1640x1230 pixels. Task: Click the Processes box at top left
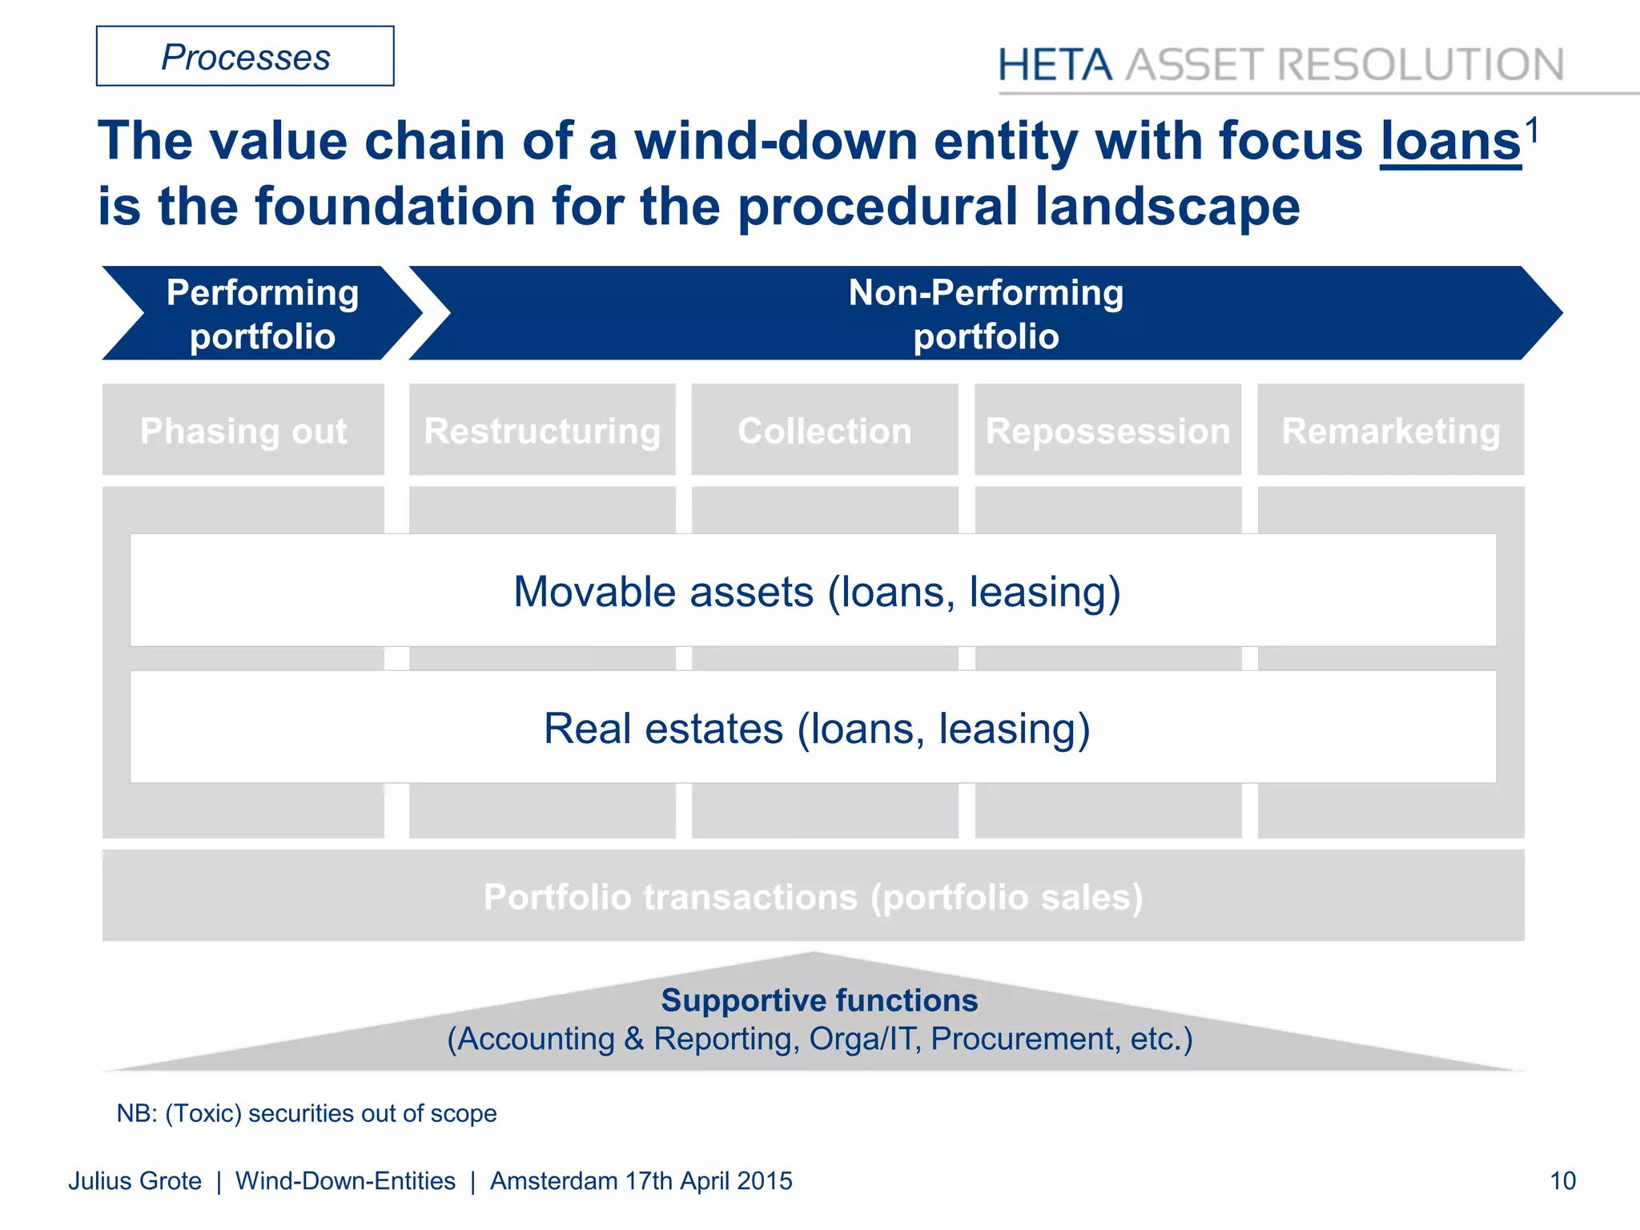[x=245, y=57]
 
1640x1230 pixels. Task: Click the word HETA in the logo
[x=1055, y=65]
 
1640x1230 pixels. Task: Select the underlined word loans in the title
[x=1450, y=143]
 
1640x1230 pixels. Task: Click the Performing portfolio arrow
[x=262, y=314]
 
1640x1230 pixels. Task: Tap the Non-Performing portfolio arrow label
[x=986, y=314]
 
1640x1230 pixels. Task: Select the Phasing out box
[x=243, y=431]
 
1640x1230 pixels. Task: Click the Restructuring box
[x=542, y=431]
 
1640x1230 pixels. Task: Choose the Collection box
[x=825, y=431]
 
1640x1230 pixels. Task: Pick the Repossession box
[x=1107, y=431]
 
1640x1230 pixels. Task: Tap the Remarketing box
[x=1391, y=431]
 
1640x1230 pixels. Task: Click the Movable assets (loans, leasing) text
[x=816, y=592]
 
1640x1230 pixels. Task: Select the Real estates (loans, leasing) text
[x=816, y=729]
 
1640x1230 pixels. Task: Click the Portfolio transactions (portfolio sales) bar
[x=813, y=897]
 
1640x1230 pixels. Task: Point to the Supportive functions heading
[x=819, y=1000]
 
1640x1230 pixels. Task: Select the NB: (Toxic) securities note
[x=307, y=1113]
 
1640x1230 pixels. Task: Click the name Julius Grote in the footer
[x=135, y=1181]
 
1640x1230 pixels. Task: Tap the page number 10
[x=1562, y=1181]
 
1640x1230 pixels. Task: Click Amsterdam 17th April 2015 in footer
[x=641, y=1181]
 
